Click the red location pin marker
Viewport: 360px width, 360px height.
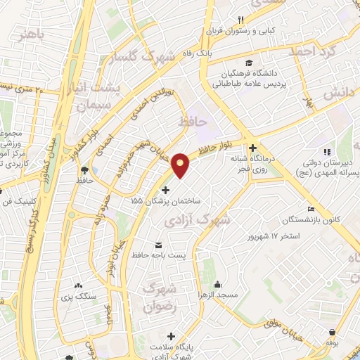tap(181, 166)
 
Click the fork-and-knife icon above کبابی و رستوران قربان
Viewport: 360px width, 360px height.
tap(240, 19)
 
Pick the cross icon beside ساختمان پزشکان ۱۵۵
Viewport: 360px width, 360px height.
tap(166, 190)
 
